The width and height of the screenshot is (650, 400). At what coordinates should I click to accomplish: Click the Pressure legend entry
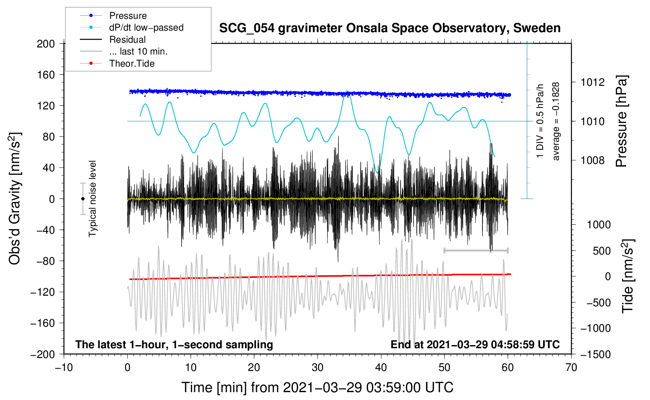(x=128, y=16)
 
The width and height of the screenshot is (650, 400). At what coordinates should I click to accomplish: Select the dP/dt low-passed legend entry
(x=146, y=27)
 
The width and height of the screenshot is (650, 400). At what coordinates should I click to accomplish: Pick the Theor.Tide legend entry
(x=132, y=64)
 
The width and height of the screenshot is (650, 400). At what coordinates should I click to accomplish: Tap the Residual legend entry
(x=127, y=40)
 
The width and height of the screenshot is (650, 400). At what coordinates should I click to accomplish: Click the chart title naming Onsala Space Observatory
(x=390, y=28)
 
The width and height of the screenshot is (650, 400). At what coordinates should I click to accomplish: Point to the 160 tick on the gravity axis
(x=46, y=75)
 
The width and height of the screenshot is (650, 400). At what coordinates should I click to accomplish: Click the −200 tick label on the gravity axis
(x=43, y=354)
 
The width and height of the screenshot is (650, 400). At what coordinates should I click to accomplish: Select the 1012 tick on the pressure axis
(x=592, y=82)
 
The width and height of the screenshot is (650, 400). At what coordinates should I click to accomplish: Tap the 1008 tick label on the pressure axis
(x=592, y=160)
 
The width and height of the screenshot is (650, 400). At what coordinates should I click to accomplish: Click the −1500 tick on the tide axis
(x=595, y=354)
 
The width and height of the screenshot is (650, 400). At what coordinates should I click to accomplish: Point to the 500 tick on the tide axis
(x=601, y=251)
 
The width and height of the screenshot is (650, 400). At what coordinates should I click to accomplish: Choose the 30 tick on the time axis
(x=317, y=367)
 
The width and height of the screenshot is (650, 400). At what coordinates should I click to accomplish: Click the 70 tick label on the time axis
(x=571, y=367)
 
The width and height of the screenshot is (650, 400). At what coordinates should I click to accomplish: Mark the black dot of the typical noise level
(x=83, y=199)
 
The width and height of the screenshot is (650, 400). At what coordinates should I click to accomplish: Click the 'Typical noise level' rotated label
(x=92, y=198)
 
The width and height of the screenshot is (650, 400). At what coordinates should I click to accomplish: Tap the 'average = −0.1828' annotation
(x=556, y=121)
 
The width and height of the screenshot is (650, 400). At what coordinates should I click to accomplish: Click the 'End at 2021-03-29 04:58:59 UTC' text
(x=475, y=345)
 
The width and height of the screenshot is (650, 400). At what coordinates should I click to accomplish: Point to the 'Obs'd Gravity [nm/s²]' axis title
(x=15, y=198)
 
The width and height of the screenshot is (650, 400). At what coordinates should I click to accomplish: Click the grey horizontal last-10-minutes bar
(x=476, y=250)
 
